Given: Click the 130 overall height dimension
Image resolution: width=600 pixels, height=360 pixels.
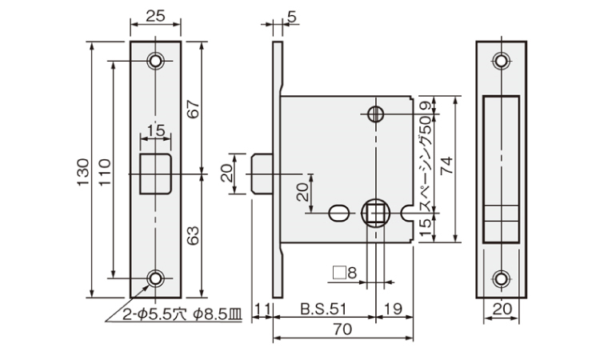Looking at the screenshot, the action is pos(83,172).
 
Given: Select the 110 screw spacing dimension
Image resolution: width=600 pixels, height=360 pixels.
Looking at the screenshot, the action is pos(105,172).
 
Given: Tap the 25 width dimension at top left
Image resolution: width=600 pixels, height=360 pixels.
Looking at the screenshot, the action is pos(155,16).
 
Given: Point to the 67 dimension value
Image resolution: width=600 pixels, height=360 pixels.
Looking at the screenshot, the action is pos(194,109).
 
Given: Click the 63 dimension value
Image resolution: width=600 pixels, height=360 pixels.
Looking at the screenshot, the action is pos(194,235).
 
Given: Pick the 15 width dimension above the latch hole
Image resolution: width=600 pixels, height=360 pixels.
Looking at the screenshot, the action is pos(156,130).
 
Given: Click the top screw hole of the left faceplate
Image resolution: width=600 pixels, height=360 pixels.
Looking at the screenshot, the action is pos(155,61).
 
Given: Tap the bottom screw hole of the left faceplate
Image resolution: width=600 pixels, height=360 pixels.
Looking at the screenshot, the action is pos(155,278).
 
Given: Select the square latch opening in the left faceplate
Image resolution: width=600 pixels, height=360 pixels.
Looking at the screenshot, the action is pos(155,174).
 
